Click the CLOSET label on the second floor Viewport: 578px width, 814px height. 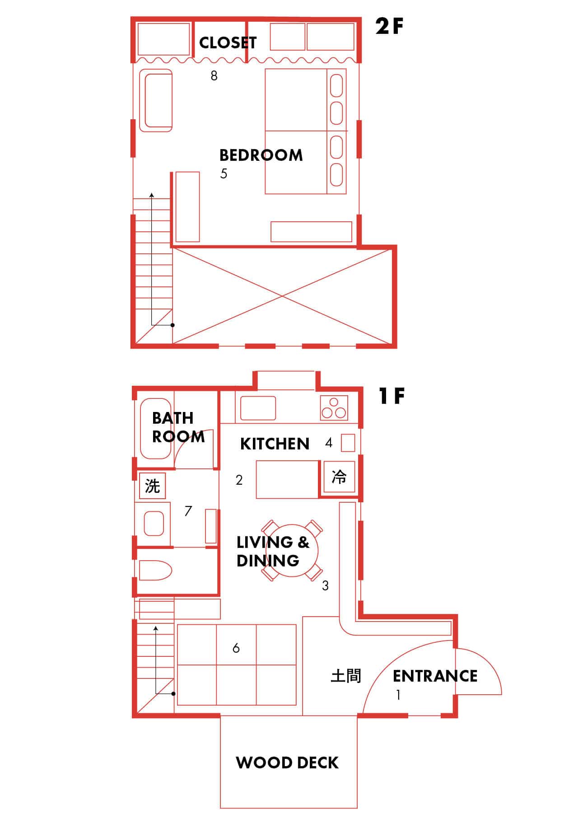coord(228,42)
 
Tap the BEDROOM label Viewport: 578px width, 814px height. coord(261,155)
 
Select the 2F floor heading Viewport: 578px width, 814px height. coord(389,27)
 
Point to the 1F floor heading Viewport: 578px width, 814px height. coord(392,396)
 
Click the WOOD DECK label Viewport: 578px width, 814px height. coord(287,763)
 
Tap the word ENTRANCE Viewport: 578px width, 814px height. coord(435,676)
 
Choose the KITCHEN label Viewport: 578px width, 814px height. coord(275,444)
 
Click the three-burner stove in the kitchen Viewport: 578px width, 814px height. coord(334,407)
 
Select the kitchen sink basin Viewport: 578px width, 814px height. coord(258,408)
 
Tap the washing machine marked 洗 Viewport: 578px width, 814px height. coord(152,486)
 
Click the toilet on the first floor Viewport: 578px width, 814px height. coord(155,571)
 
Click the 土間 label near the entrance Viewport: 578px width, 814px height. coord(346,676)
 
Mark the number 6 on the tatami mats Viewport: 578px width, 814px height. coord(236,648)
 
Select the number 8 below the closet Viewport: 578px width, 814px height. coord(214,75)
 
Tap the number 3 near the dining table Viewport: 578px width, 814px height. coord(325,586)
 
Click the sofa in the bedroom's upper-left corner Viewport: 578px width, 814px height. coord(156,100)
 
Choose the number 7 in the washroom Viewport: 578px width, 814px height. coord(188,511)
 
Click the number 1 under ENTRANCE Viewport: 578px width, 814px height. coord(398,695)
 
